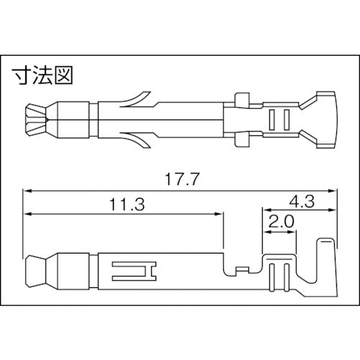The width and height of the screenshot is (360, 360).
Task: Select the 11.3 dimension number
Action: [123, 204]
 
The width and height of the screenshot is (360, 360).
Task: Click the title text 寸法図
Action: [42, 73]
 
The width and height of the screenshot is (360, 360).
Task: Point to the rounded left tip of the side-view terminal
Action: [32, 271]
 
